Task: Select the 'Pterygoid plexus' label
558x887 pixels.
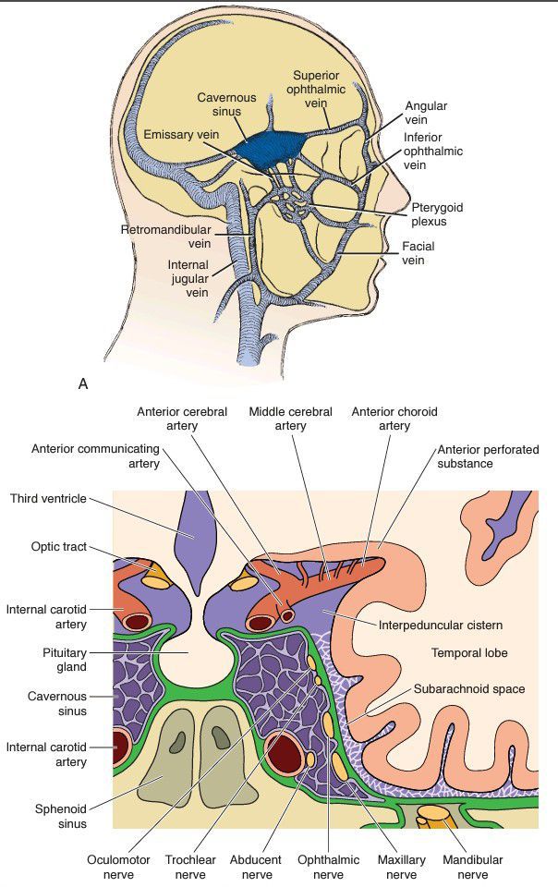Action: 436,214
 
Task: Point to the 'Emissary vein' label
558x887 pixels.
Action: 181,135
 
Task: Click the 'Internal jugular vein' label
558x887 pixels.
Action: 188,278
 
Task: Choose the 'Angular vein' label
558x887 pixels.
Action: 426,114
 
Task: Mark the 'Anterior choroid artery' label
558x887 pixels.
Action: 394,419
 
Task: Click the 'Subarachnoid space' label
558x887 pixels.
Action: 469,688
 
